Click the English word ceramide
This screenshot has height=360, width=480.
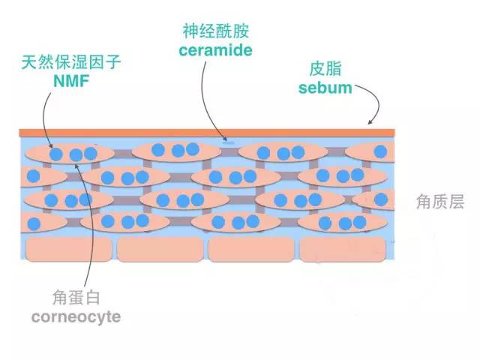pyautogui.click(x=215, y=50)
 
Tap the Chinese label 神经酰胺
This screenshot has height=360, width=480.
pyautogui.click(x=216, y=31)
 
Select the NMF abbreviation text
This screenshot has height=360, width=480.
pyautogui.click(x=71, y=82)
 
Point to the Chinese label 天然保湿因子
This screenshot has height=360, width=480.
pyautogui.click(x=71, y=62)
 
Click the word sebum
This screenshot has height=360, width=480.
pyautogui.click(x=325, y=88)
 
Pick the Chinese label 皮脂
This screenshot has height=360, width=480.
pyautogui.click(x=325, y=68)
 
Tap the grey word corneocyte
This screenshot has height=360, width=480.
pyautogui.click(x=76, y=317)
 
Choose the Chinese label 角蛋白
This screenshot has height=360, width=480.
pyautogui.click(x=76, y=297)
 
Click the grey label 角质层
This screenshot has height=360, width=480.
pyautogui.click(x=440, y=202)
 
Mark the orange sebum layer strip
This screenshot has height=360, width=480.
pyautogui.click(x=207, y=133)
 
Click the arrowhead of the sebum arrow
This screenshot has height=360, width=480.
pyautogui.click(x=370, y=122)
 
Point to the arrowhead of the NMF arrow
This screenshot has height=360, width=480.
pyautogui.click(x=50, y=146)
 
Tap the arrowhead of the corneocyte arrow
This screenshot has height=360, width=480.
pyautogui.click(x=76, y=166)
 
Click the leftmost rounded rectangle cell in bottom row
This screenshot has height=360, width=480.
pyautogui.click(x=69, y=249)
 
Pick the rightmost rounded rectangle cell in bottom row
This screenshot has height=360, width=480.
pyautogui.click(x=343, y=250)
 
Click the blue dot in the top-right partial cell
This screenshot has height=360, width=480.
pyautogui.click(x=380, y=151)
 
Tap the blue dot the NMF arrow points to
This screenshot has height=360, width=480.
pyautogui.click(x=56, y=154)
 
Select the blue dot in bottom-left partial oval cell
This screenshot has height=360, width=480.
pyautogui.click(x=34, y=224)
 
